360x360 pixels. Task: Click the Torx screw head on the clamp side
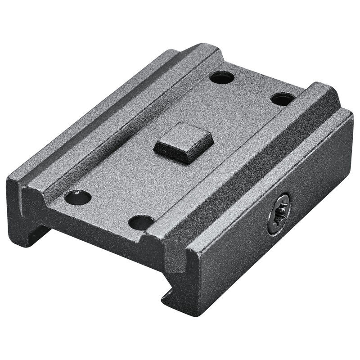tap(279, 213)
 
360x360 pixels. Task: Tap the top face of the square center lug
tap(184, 138)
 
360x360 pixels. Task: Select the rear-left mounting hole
tap(222, 77)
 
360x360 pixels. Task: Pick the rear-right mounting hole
tap(283, 99)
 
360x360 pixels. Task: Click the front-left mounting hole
tap(77, 197)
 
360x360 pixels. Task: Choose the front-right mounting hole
tap(141, 222)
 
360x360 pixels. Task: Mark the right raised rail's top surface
tap(252, 157)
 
